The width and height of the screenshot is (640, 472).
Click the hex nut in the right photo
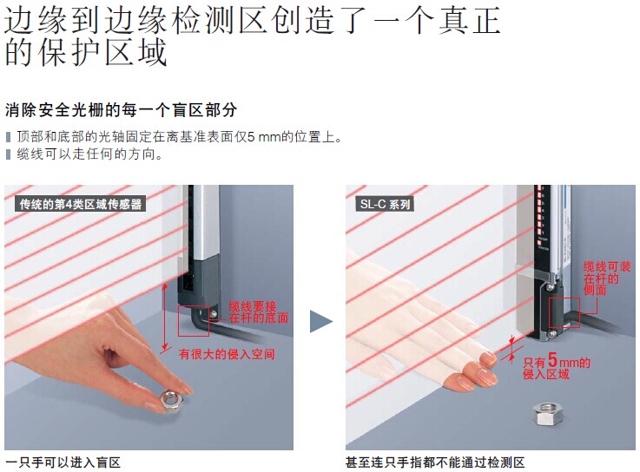tap(548, 415)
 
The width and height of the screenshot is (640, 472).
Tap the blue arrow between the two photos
tap(321, 322)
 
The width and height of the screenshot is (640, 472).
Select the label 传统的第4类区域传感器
tap(81, 204)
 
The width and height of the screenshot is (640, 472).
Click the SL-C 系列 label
tap(385, 204)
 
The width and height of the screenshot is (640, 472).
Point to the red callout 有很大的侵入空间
tap(227, 354)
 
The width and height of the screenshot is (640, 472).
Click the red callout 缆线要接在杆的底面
tap(259, 312)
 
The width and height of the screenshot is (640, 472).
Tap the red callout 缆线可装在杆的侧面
tap(607, 279)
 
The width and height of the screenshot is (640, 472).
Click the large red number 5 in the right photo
tap(552, 359)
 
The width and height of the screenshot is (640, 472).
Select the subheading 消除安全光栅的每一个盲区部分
tap(121, 110)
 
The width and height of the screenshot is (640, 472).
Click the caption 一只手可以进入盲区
tap(63, 462)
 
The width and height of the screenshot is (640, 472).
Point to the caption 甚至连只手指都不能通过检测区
tap(435, 462)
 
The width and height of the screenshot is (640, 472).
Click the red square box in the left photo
tap(178, 321)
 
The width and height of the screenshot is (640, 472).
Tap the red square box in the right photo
tap(550, 312)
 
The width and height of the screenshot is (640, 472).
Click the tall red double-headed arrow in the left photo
tap(164, 317)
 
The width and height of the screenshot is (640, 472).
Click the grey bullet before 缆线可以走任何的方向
tap(8, 154)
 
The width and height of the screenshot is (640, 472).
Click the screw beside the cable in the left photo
tap(213, 313)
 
